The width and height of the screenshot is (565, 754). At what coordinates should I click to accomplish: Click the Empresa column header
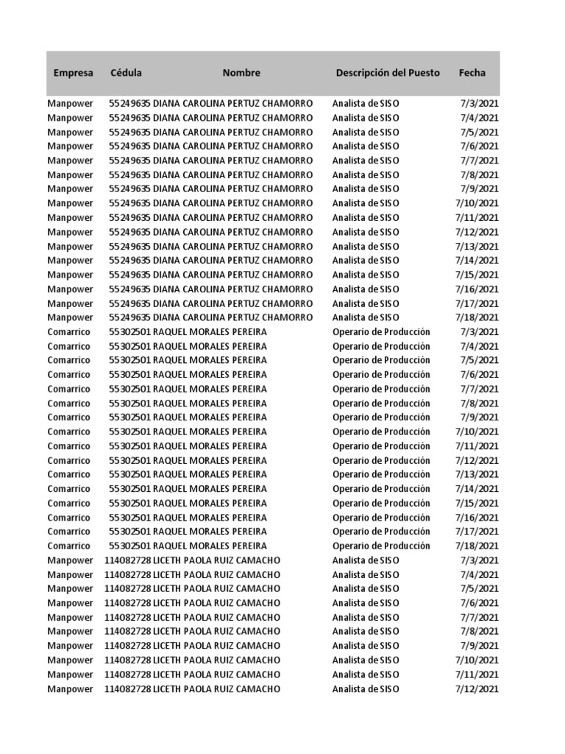pos(73,73)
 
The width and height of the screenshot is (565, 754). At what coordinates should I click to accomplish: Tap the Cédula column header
pos(126,73)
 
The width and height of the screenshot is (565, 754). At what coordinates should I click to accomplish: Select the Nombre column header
pos(241,73)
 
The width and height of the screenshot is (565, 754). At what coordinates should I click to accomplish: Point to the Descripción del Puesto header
pos(388,73)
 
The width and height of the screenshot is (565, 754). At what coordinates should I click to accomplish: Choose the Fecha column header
pos(472,73)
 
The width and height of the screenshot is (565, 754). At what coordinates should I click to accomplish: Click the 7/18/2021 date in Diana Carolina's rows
pos(477,317)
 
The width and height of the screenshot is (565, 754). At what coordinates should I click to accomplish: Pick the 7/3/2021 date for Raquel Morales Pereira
pos(480,332)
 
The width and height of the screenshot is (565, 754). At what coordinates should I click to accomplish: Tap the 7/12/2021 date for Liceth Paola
pos(477,689)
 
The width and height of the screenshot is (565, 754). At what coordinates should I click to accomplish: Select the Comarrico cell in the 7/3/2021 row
pos(69,332)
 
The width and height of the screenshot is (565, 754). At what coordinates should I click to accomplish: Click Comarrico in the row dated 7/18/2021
pos(69,546)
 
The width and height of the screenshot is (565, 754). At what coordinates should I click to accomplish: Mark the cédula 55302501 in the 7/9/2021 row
pos(129,417)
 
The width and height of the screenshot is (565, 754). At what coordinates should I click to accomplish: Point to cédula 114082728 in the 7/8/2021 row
pos(127,632)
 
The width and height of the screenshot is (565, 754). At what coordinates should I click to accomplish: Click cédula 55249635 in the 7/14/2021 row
pos(129,261)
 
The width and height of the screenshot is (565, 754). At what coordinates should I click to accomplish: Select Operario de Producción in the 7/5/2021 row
pos(381,360)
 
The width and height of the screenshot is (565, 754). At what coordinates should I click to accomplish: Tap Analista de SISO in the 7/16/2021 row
pos(366,289)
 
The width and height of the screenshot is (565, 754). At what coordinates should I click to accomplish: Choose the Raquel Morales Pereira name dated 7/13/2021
pos(210,475)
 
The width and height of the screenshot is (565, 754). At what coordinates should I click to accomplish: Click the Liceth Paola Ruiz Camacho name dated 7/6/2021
pos(216,603)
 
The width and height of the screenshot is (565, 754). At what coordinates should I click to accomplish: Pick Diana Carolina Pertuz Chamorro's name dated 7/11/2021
pos(232,218)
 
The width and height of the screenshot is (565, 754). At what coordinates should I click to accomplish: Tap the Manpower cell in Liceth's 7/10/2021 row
pos(71,660)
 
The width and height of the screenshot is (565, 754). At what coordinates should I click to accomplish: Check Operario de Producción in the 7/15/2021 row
pos(381,504)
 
